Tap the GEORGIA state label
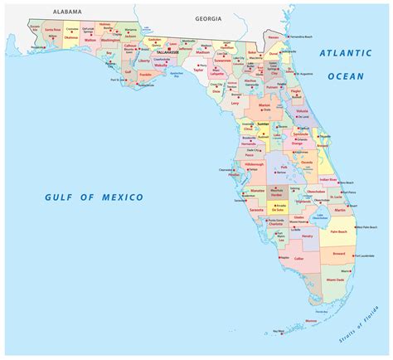(208, 17)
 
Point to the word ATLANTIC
(342, 54)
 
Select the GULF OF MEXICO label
(95, 197)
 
